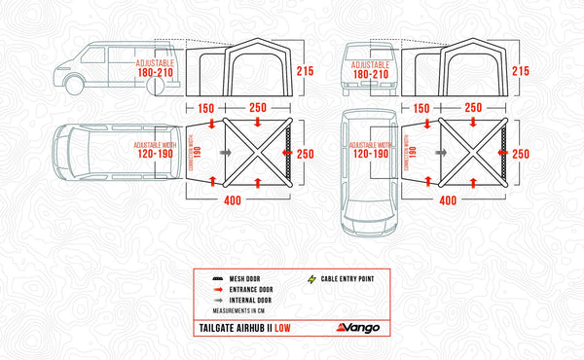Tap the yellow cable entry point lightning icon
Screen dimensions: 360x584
coord(311,278)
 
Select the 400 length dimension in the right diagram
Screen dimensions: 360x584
coord(448,200)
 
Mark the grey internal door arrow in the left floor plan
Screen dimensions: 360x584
coord(226,153)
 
